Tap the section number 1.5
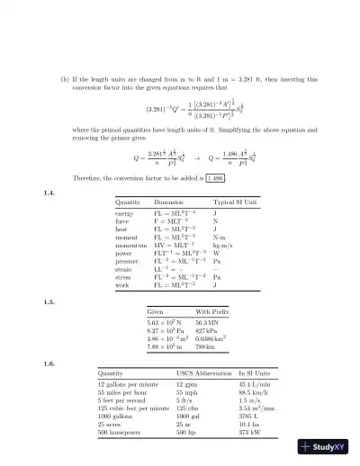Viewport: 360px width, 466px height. tap(50, 301)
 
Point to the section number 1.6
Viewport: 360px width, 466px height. tap(50, 363)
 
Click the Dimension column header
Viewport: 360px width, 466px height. tap(171, 203)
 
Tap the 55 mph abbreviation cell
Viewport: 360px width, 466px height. tap(185, 393)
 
